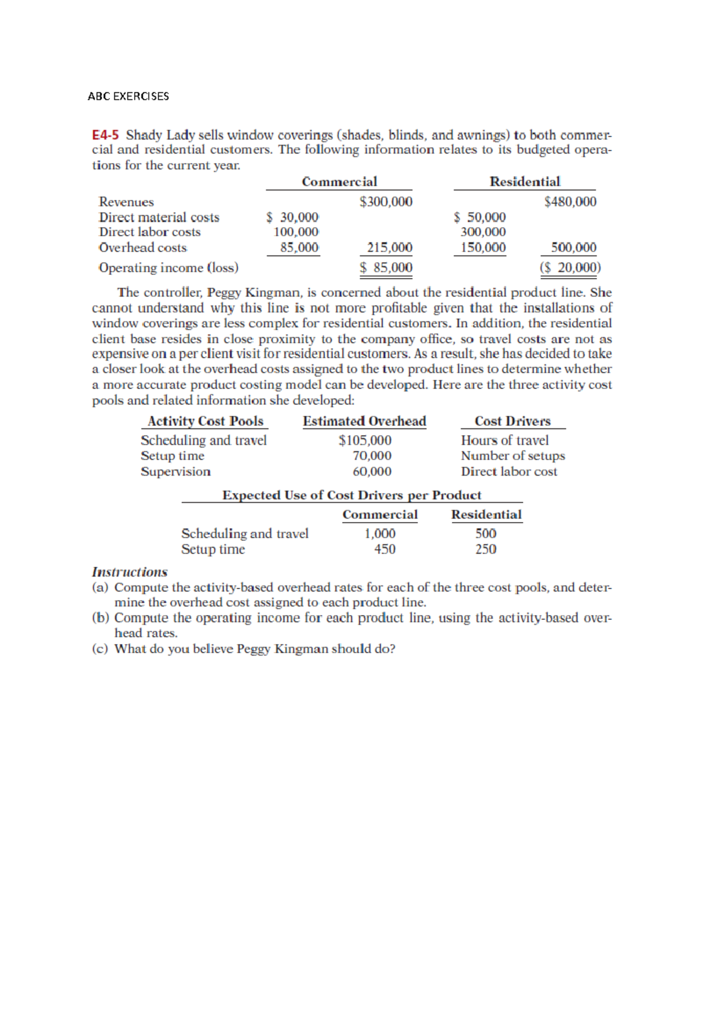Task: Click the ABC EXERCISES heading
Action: tap(128, 96)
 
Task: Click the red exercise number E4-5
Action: tap(106, 135)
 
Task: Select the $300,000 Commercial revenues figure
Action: tap(385, 202)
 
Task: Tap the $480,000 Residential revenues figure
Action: tap(570, 202)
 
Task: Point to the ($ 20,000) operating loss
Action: tap(570, 268)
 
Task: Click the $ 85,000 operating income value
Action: tap(386, 268)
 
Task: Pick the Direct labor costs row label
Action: tap(150, 232)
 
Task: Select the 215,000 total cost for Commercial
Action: tap(390, 248)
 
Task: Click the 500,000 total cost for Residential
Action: tap(573, 248)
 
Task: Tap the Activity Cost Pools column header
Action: tap(205, 421)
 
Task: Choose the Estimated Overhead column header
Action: tap(364, 421)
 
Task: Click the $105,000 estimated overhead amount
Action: tap(364, 440)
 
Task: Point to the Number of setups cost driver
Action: tap(512, 456)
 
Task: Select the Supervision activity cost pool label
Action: tap(176, 472)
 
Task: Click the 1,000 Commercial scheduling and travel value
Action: tap(380, 534)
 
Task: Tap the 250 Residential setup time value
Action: tap(486, 549)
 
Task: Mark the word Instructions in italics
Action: tap(129, 572)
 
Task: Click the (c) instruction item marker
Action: tap(100, 649)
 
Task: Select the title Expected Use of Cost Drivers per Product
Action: tap(352, 495)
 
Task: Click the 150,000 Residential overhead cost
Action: tap(483, 248)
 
